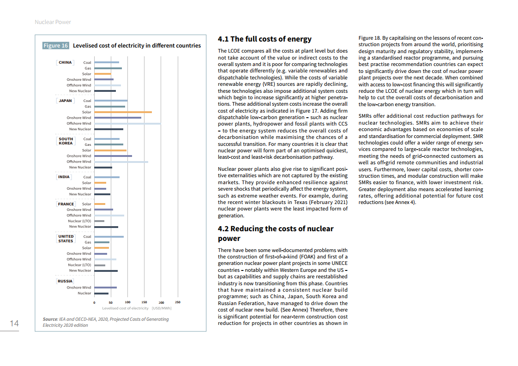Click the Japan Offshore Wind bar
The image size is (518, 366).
(x=127, y=123)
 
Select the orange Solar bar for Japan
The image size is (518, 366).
(x=123, y=112)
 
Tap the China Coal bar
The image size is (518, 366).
(x=107, y=62)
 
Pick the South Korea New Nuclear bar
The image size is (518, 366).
(x=103, y=167)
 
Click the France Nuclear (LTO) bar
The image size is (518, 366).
(x=99, y=221)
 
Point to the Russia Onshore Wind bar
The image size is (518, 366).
(x=105, y=288)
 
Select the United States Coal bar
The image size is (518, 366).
(x=109, y=237)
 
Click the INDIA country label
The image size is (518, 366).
(x=64, y=177)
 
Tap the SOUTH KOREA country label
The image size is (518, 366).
(x=66, y=141)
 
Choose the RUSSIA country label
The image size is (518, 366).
(x=65, y=281)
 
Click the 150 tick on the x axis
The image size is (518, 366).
(x=145, y=302)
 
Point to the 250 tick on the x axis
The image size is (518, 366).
(x=178, y=302)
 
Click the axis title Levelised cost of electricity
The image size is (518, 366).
(x=125, y=308)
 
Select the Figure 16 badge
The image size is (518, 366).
(x=56, y=46)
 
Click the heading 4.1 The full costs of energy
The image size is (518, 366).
(x=265, y=39)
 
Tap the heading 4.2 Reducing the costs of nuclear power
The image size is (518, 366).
(x=276, y=234)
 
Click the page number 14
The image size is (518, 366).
(x=14, y=324)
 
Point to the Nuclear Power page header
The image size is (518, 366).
(x=53, y=22)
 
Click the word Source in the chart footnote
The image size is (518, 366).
(x=50, y=319)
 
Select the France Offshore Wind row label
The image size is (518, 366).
(x=79, y=216)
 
